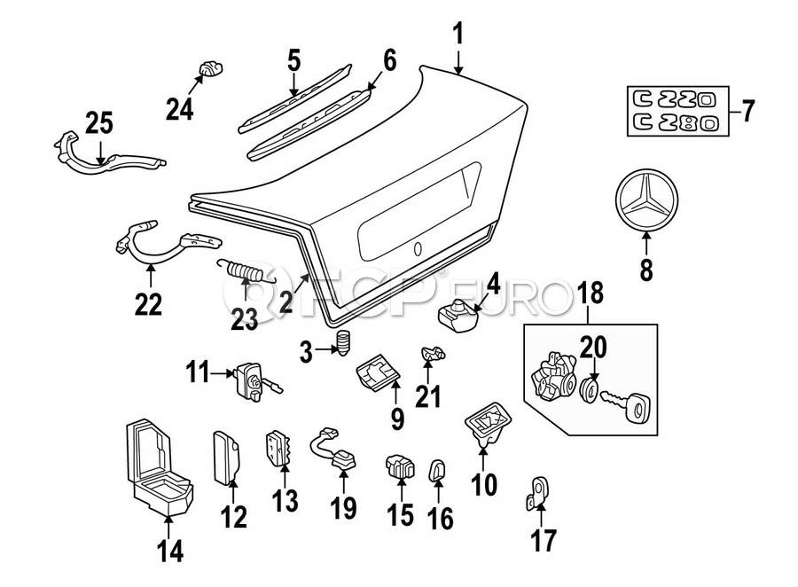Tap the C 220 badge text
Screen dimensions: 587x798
671,97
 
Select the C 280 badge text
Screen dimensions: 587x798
671,123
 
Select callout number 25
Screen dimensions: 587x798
98,123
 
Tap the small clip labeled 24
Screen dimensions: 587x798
209,67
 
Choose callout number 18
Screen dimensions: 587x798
591,292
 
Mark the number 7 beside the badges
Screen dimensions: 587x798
747,113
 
